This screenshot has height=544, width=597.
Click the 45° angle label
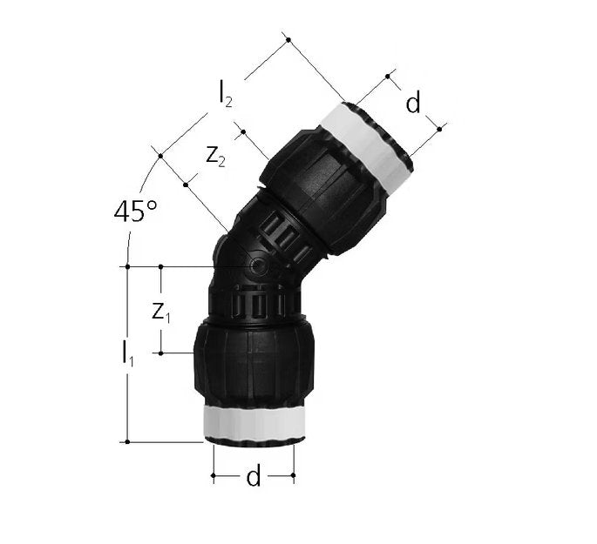[x=135, y=211]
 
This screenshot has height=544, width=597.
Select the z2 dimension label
[x=215, y=156]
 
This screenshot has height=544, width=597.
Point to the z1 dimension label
[x=160, y=312]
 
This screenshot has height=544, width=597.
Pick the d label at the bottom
[x=254, y=475]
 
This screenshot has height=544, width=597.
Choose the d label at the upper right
[x=413, y=102]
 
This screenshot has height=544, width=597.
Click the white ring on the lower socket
[x=254, y=422]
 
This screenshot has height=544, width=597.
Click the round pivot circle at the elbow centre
[x=258, y=266]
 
